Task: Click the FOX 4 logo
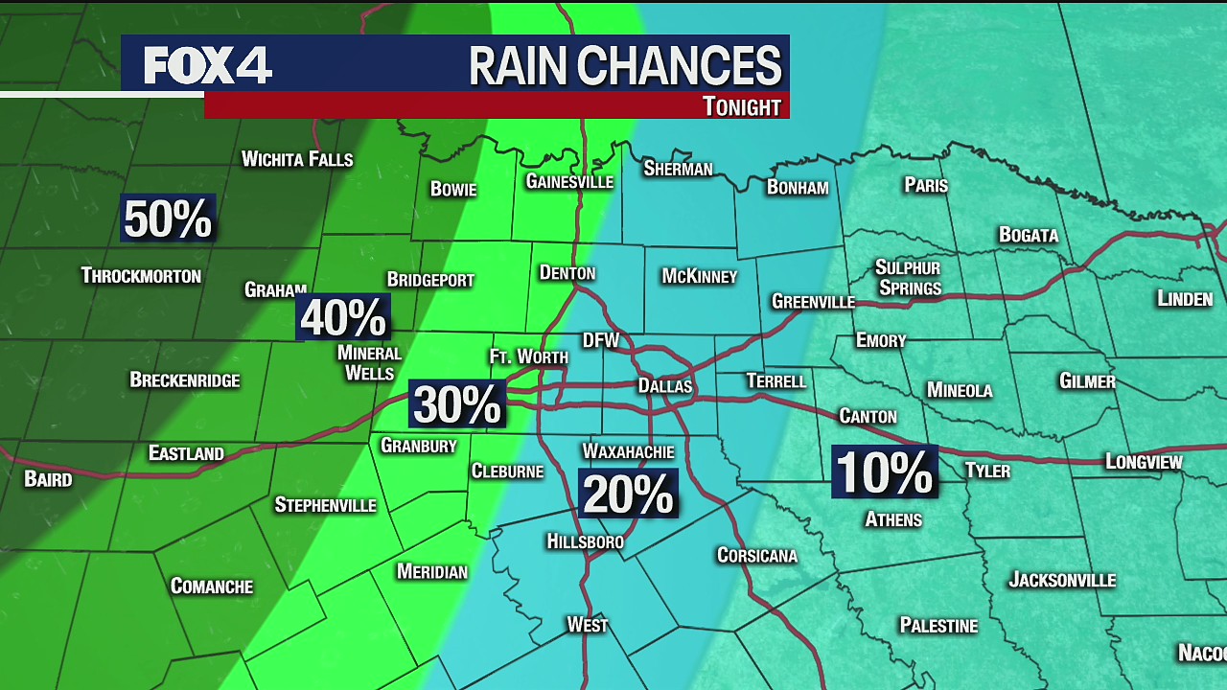click(208, 65)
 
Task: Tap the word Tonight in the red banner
click(741, 106)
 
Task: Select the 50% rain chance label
click(168, 218)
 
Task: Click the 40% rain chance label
click(342, 317)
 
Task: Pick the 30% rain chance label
click(457, 403)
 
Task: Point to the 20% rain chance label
click(628, 494)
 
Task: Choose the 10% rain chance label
click(884, 471)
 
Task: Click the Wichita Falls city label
click(297, 159)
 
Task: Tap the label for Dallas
click(664, 386)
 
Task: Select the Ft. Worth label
click(528, 356)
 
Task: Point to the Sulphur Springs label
click(908, 277)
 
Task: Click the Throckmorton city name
click(141, 276)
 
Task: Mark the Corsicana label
click(756, 556)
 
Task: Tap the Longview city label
click(1144, 462)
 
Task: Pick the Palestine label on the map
click(938, 626)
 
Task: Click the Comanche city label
click(211, 586)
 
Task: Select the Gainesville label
click(569, 181)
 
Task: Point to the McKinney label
click(699, 277)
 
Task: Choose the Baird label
click(48, 479)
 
